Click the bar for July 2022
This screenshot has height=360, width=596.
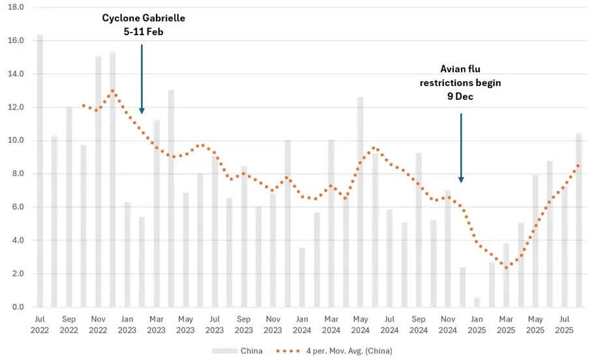[x=40, y=171]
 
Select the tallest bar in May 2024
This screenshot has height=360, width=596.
[x=361, y=202]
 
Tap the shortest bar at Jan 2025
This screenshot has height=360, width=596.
[x=477, y=302]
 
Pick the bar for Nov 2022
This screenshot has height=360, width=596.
[x=98, y=182]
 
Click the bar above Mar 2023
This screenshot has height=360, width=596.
[x=156, y=213]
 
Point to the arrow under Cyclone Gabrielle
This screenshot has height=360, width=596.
[x=142, y=79]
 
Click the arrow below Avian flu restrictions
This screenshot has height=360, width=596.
[x=461, y=148]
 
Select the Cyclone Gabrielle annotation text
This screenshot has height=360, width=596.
[x=143, y=25]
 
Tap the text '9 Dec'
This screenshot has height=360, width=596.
[x=460, y=97]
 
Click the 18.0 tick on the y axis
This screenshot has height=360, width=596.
[x=16, y=7]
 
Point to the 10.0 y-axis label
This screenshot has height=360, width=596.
[x=16, y=140]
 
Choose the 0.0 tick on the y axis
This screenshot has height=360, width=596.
[x=18, y=307]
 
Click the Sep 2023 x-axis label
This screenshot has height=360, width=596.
[x=244, y=325]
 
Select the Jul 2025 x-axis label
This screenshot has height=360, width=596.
[x=565, y=325]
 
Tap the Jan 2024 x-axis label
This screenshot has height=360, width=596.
[x=302, y=325]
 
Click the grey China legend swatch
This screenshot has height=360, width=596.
[x=224, y=351]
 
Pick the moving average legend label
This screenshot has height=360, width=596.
[x=350, y=351]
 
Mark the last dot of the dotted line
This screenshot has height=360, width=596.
[x=578, y=166]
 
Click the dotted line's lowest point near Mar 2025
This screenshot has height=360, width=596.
[x=506, y=267]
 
